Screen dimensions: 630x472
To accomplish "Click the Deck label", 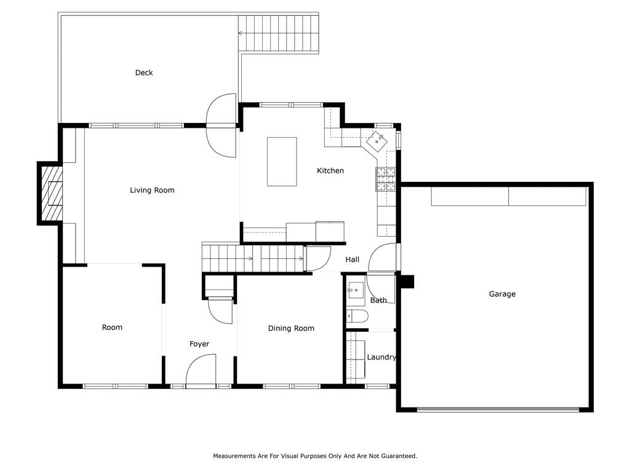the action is tap(144, 73).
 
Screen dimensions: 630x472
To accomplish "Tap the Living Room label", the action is tap(153, 191).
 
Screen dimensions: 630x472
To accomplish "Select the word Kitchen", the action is tap(330, 171).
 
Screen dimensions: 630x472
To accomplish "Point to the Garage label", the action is tap(502, 294).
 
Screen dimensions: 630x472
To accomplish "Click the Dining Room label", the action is tap(291, 328).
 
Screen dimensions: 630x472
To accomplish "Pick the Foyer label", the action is tap(199, 344).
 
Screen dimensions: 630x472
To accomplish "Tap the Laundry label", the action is tap(381, 357).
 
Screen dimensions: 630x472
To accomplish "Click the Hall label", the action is tap(353, 260).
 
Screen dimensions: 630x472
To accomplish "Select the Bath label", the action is tap(378, 300).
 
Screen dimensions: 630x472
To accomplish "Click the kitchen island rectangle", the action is tap(282, 162).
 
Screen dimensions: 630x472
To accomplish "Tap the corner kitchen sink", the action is tap(377, 141).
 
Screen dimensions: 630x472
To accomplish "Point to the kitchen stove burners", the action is tap(386, 179).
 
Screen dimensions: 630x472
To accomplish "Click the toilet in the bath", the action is tap(357, 317).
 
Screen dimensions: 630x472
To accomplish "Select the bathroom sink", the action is tap(355, 290).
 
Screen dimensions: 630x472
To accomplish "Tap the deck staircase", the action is tap(279, 33).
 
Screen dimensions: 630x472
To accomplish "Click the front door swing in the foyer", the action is tap(201, 369).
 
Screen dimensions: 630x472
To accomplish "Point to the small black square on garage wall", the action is tap(407, 281).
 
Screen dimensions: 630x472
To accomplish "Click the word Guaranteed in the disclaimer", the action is tap(397, 456).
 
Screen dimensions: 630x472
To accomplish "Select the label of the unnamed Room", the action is tap(112, 328).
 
